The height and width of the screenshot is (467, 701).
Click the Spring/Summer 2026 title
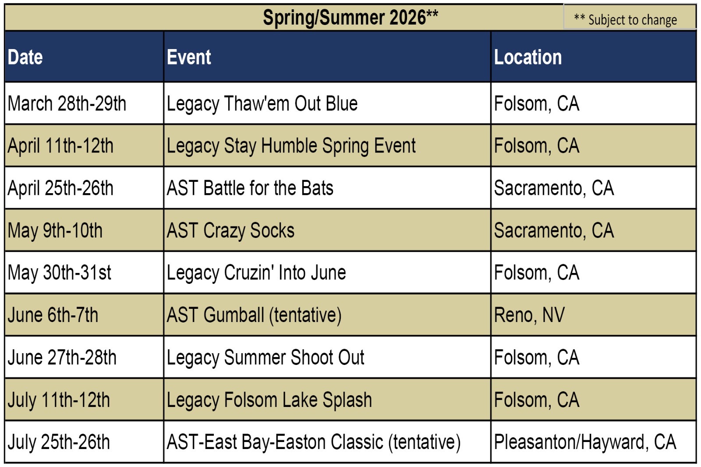(x=350, y=18)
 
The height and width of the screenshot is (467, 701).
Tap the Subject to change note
(x=625, y=20)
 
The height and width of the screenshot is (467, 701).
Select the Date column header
(x=25, y=57)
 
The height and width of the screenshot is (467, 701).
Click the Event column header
(x=189, y=57)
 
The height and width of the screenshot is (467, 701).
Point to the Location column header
(x=528, y=57)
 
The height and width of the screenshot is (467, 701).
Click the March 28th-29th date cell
(x=67, y=103)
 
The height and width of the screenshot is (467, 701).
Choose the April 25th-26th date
(x=60, y=188)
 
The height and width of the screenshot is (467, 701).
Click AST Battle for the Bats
(x=250, y=188)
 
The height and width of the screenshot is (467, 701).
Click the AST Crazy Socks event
(x=230, y=231)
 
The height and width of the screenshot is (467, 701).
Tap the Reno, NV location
(x=529, y=315)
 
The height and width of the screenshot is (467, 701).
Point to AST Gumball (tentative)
(x=254, y=315)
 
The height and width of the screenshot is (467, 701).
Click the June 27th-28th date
(x=62, y=357)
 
